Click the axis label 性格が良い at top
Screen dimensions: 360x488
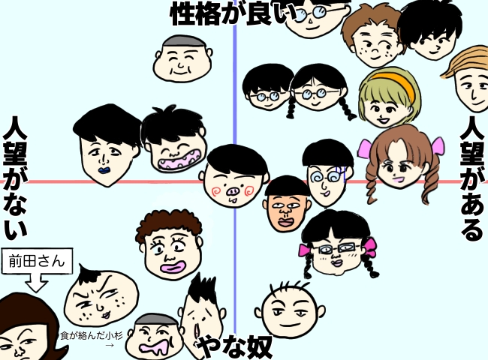coord(229,13)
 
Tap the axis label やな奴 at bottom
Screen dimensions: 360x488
coord(234,347)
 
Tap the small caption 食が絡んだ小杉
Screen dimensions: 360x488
coord(91,337)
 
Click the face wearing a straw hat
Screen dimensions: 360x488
coord(470,79)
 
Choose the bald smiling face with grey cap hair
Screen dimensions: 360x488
coord(180,60)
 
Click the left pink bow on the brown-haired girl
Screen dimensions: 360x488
coord(366,148)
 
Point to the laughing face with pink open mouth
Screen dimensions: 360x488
coord(174,142)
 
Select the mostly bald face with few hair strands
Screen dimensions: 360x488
coord(291,309)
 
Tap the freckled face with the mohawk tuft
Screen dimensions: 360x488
coord(100,295)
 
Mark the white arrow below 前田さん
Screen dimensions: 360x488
coord(37,283)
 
